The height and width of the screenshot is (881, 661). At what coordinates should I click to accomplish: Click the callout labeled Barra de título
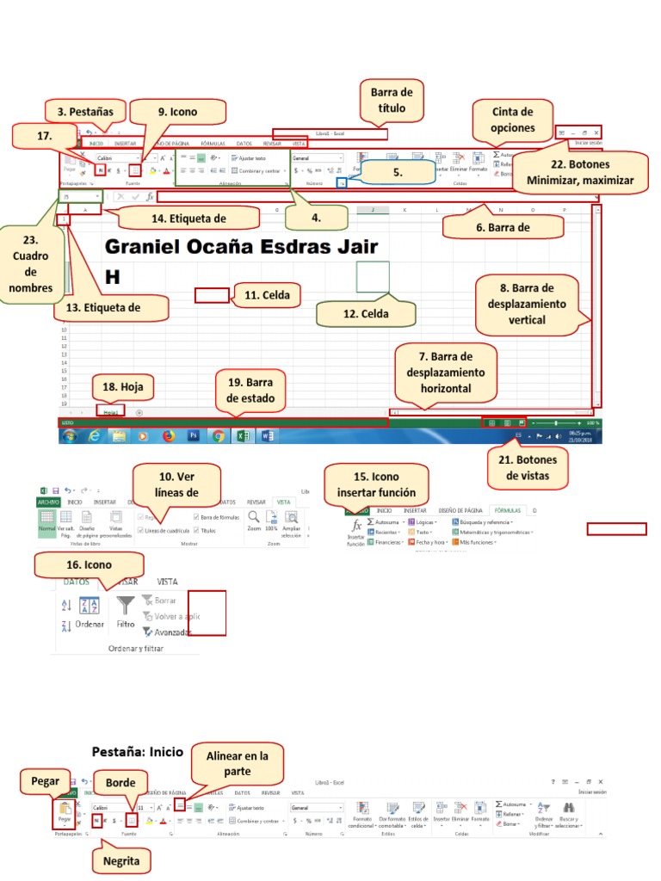pos(392,100)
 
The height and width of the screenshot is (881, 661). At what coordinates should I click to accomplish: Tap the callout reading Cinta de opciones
pos(513,120)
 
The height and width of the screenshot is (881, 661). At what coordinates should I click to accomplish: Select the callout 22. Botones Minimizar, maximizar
pos(580,172)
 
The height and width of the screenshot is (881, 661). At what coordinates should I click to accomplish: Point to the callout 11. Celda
pos(266,295)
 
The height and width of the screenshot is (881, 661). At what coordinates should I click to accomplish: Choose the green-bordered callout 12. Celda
pos(366,314)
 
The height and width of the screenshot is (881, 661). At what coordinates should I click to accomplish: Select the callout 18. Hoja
pos(121,387)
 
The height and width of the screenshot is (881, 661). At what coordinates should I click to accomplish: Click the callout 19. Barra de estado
pos(250,390)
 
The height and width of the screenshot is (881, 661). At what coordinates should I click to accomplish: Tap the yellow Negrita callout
pos(120,860)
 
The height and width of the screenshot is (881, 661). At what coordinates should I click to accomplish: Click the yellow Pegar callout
pos(46,781)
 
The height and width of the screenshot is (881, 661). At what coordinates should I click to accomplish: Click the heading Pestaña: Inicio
pos(138,751)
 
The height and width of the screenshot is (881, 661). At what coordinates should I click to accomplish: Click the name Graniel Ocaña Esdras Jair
pos(241,248)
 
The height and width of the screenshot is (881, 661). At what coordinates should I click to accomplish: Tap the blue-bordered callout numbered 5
pos(398,172)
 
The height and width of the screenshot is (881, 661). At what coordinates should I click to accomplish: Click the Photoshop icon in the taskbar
pos(194,435)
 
